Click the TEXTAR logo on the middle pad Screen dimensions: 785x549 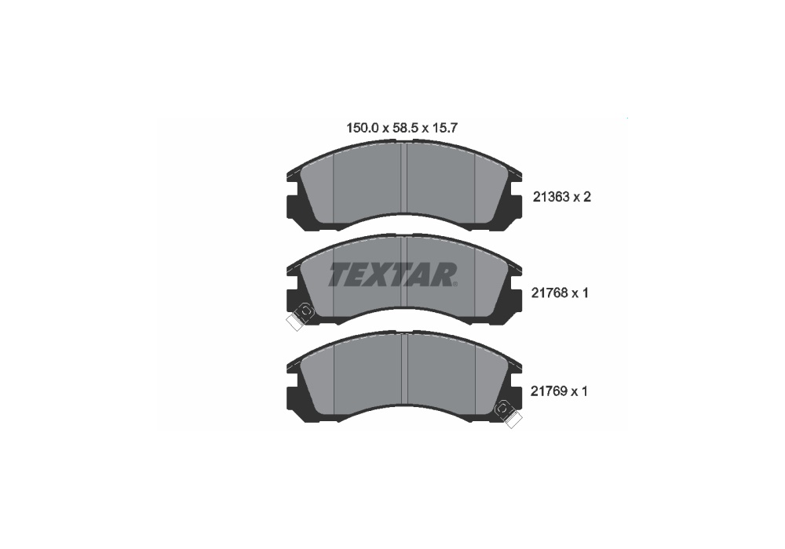point(392,274)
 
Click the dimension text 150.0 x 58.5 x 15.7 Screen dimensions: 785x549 point(402,128)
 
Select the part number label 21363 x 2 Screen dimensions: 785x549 point(562,197)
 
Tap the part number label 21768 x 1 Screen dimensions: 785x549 point(560,293)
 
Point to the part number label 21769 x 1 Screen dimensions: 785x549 point(559,391)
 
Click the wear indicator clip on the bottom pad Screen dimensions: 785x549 point(507,414)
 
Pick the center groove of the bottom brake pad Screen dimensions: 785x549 point(404,369)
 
